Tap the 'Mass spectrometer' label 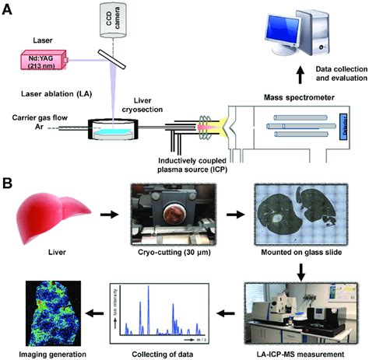point(286,100)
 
